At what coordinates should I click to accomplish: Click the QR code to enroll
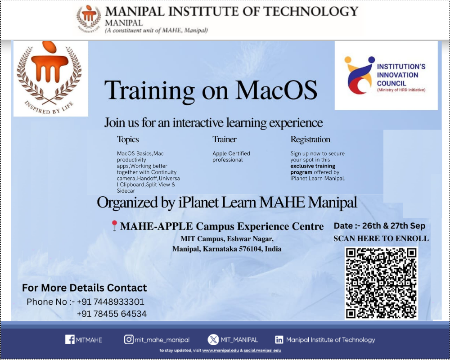point(381,283)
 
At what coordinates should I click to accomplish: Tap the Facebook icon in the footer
point(70,340)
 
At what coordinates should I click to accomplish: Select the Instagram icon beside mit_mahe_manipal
point(129,340)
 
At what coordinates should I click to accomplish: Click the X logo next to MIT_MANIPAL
point(213,340)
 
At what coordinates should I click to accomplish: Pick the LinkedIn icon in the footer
point(279,340)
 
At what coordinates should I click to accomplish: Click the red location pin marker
point(114,225)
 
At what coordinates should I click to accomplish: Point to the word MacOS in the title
point(276,90)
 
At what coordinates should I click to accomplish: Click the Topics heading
point(128,139)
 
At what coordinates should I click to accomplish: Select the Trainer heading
point(225,139)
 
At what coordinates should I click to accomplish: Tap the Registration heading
point(310,139)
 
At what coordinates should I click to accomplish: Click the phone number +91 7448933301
point(111,301)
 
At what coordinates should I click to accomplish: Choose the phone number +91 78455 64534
point(112,314)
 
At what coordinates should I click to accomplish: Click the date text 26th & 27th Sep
point(393,225)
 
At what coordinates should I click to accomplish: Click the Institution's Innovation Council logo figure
point(359,75)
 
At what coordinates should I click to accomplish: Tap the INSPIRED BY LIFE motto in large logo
point(49,108)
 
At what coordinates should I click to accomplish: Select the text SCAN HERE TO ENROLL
point(381,238)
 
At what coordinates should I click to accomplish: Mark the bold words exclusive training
point(313,166)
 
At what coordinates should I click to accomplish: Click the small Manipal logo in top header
point(89,18)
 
